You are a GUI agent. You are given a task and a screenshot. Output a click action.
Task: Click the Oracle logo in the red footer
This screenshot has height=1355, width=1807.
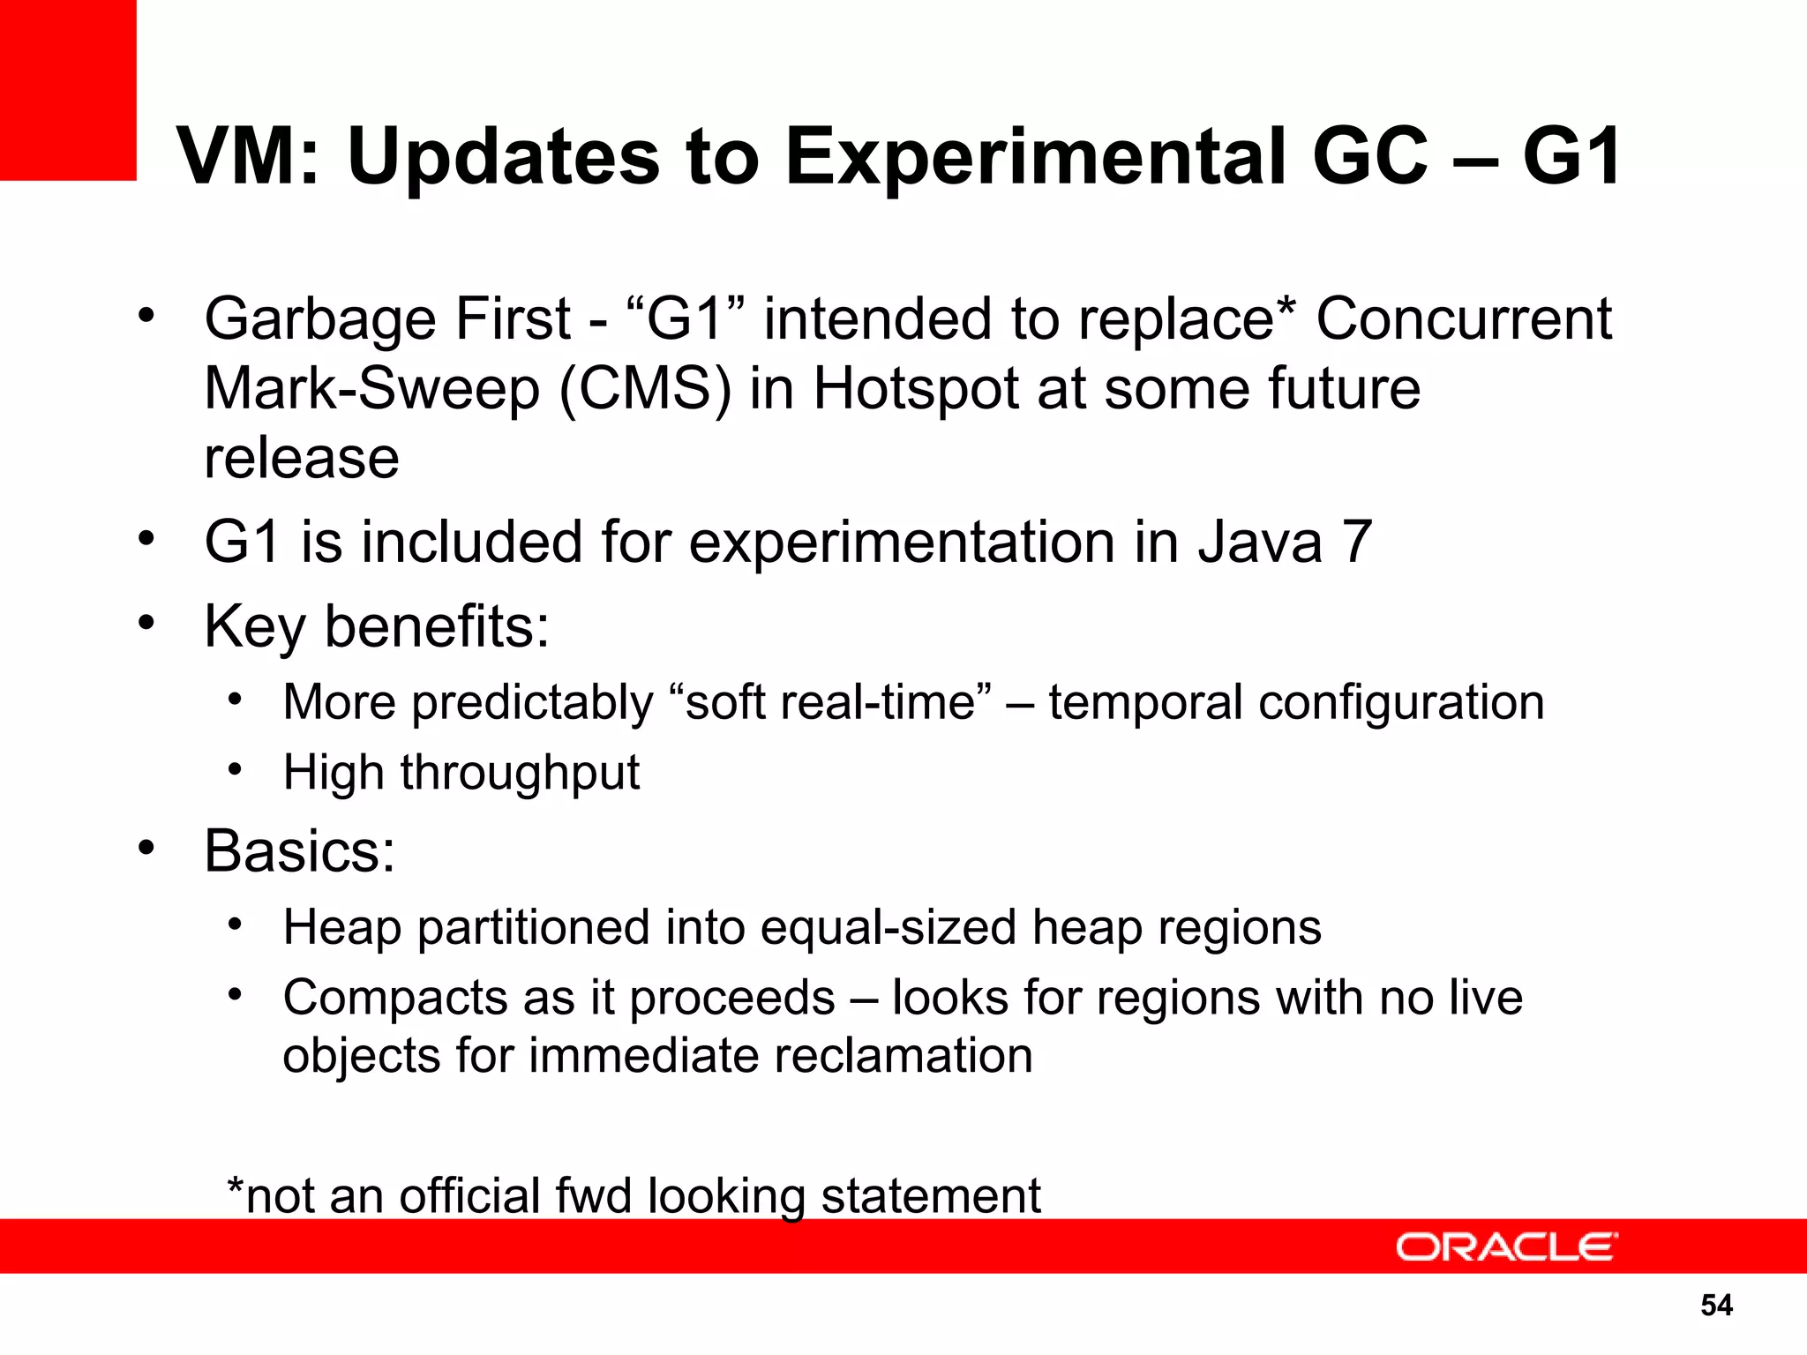tap(1506, 1247)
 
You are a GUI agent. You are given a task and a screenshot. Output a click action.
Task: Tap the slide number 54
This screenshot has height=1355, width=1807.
tap(1716, 1306)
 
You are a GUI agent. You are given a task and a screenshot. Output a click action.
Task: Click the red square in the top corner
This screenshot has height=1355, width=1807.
tap(68, 89)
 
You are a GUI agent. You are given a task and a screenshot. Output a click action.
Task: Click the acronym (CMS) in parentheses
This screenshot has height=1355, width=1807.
tap(645, 388)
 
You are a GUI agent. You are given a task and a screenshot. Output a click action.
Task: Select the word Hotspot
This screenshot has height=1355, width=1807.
tap(915, 390)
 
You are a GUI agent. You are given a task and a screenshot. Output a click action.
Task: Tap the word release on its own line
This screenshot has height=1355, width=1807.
tap(302, 459)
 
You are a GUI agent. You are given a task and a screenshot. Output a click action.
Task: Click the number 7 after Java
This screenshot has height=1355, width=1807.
tap(1356, 542)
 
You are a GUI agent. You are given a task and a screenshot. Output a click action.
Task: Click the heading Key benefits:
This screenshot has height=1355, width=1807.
tap(377, 626)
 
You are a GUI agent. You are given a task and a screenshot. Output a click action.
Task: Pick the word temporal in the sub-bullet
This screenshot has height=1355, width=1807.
tap(1145, 703)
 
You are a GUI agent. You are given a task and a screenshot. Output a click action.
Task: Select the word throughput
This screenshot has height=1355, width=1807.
tap(520, 774)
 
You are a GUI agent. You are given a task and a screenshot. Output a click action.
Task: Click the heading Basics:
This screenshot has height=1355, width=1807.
tap(300, 851)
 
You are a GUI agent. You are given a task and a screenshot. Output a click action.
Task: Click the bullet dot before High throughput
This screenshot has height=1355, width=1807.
tap(234, 770)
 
